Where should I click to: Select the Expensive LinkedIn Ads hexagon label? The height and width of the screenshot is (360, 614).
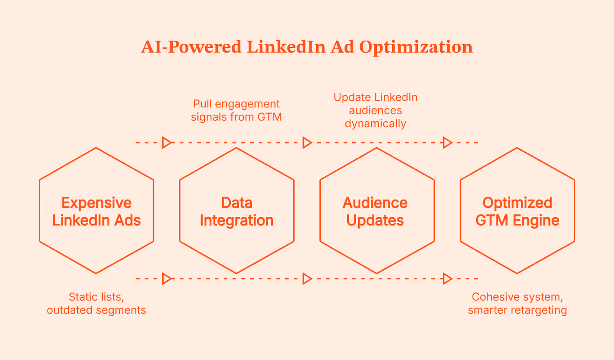[96, 211]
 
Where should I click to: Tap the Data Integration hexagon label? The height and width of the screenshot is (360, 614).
[236, 211]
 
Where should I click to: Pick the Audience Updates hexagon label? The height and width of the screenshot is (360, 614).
[375, 211]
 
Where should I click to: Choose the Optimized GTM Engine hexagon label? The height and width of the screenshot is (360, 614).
[517, 211]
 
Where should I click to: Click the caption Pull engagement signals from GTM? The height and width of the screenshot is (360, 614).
[236, 110]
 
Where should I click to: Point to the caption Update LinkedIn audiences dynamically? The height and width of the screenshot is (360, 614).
[375, 110]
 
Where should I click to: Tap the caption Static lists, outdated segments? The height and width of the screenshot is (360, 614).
[96, 303]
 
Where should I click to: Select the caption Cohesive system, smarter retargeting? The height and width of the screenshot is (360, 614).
[517, 303]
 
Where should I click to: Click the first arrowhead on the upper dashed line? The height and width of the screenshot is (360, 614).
[167, 142]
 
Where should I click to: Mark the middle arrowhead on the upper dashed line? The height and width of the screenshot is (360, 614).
[307, 142]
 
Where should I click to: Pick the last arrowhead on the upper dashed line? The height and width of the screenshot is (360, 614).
[447, 142]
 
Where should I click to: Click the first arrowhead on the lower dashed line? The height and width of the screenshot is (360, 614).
[167, 278]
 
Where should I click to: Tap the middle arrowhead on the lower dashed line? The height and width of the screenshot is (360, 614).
[307, 278]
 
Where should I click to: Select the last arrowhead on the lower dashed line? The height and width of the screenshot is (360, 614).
[447, 278]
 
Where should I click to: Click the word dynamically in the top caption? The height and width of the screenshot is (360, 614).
[375, 124]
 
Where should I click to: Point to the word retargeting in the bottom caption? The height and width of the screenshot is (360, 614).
[542, 310]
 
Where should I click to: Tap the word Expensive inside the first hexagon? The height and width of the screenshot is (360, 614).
[96, 203]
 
